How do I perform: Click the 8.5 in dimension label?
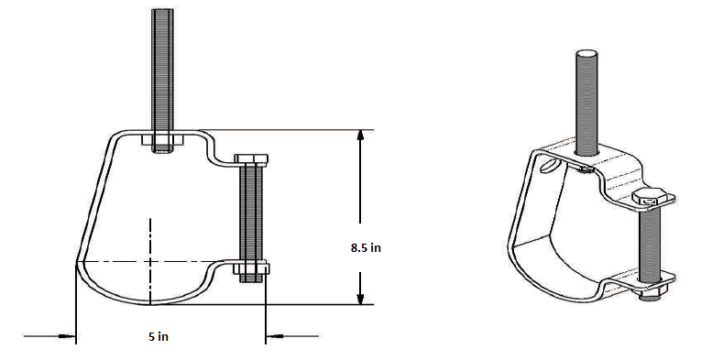(365, 247)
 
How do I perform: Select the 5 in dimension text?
(158, 337)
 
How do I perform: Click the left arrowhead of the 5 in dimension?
(69, 337)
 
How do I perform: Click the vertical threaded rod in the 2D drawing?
(162, 64)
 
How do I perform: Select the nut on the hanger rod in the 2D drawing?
(162, 143)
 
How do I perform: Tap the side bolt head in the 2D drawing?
(252, 160)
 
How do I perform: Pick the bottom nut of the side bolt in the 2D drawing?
(252, 269)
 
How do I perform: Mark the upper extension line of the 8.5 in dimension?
(275, 130)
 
